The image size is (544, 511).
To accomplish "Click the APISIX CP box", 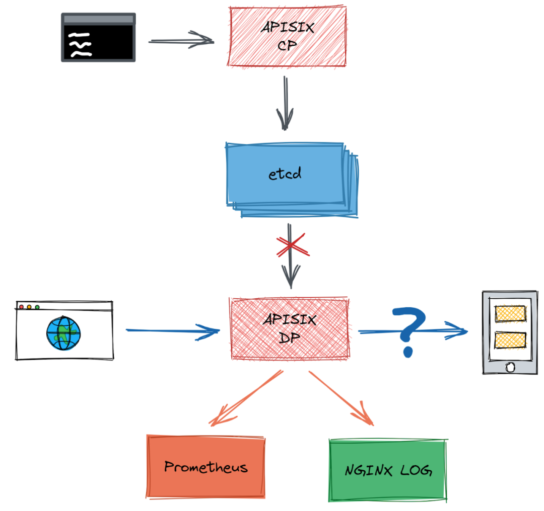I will click(288, 37).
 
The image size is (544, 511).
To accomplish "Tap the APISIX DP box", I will click(290, 329).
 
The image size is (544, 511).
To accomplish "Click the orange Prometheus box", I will click(206, 467).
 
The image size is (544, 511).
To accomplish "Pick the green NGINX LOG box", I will click(388, 470).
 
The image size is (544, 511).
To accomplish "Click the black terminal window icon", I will click(98, 38).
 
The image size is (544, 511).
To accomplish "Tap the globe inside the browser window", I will click(63, 332).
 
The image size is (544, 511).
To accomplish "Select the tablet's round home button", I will click(510, 367).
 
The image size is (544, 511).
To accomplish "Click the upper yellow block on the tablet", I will click(510, 314).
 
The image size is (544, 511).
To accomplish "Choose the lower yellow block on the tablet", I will click(510, 340).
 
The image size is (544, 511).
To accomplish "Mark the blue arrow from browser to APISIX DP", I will click(171, 330).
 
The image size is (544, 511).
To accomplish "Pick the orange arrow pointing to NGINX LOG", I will click(343, 399).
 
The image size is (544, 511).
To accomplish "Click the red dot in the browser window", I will click(21, 307).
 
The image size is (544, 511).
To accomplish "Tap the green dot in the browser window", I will click(37, 307).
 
